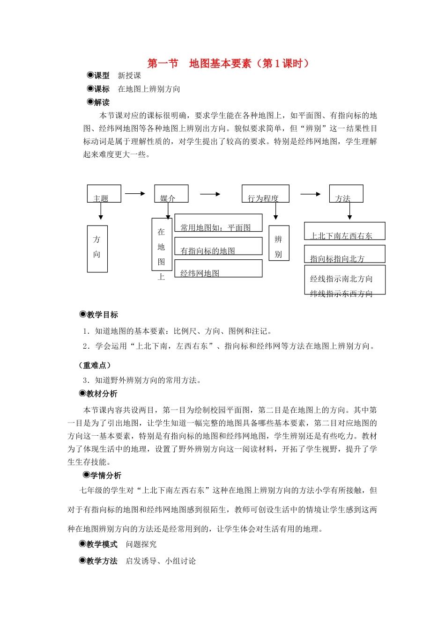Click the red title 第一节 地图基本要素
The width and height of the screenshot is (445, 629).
point(228,64)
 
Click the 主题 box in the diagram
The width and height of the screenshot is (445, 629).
point(104,194)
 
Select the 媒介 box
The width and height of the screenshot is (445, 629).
point(171,194)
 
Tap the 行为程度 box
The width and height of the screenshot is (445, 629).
point(265,194)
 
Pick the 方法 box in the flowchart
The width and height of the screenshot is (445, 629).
point(346,194)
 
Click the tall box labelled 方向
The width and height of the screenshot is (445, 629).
point(97,249)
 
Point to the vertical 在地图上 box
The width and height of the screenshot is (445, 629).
point(162,244)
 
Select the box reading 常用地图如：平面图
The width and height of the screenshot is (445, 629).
point(218,223)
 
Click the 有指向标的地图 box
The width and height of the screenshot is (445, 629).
point(218,246)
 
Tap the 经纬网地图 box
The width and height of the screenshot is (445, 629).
point(218,269)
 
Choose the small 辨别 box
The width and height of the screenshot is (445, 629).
point(279,243)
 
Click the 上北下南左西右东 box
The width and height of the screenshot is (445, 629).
point(345,231)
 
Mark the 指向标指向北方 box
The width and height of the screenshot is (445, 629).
point(345,254)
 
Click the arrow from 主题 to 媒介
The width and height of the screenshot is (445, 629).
point(135,193)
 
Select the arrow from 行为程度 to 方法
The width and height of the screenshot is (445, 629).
point(311,194)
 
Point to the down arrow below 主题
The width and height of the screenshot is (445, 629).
point(100,212)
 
